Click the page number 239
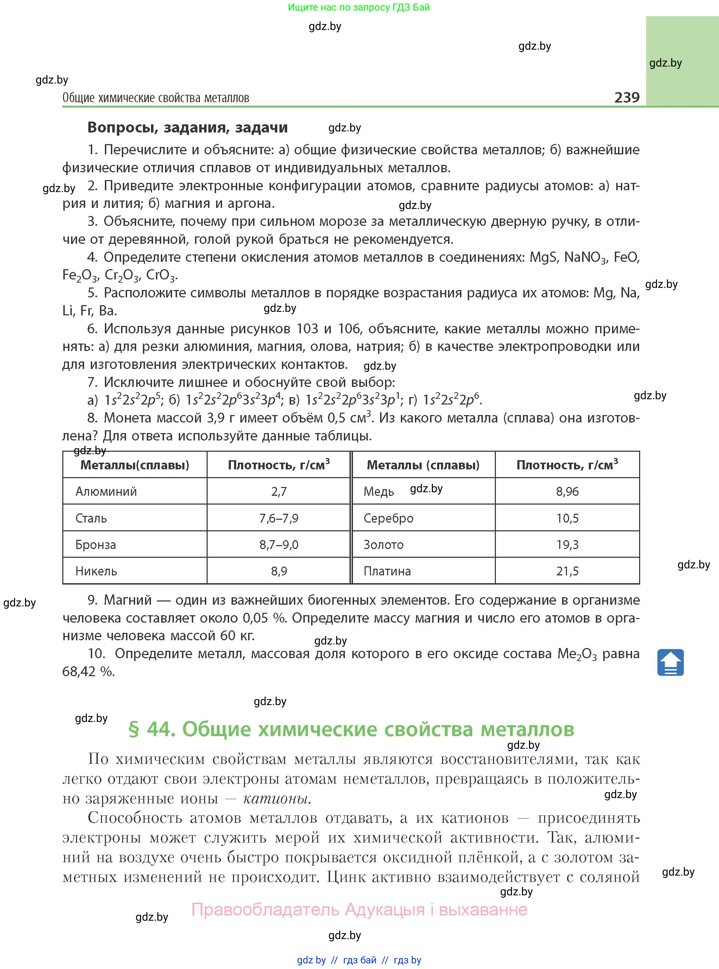click(x=627, y=97)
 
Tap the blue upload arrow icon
click(x=670, y=662)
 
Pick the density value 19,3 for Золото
click(x=567, y=545)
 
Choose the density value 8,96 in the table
click(x=567, y=492)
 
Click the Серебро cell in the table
click(x=388, y=518)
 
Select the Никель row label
click(x=96, y=571)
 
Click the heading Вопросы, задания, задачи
click(x=188, y=127)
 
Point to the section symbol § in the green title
click(x=134, y=729)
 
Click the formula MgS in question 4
click(x=543, y=258)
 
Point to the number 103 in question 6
click(x=307, y=328)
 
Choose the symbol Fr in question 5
click(x=86, y=311)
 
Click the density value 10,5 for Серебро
click(x=567, y=518)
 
